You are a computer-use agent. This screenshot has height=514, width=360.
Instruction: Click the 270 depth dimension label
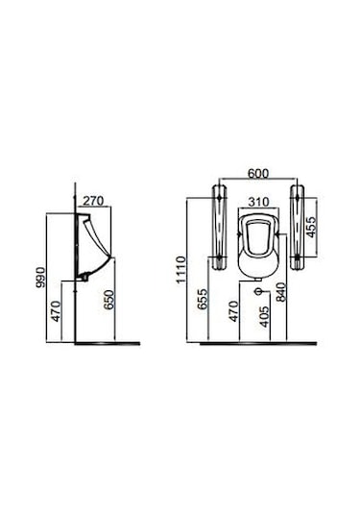[93, 200]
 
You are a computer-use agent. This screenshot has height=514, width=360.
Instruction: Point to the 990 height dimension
[40, 278]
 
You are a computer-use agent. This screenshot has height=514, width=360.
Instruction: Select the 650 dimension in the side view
[108, 300]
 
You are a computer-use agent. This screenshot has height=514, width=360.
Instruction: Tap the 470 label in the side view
[56, 310]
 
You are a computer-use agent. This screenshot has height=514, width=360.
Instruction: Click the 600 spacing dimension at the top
[258, 173]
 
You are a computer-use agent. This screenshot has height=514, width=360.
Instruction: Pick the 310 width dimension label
[258, 202]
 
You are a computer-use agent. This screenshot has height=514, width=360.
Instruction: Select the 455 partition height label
[311, 227]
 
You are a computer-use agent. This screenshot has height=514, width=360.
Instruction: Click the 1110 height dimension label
[180, 270]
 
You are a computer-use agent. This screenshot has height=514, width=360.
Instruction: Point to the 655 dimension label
[203, 299]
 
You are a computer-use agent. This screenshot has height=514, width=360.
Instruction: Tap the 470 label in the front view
[233, 311]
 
